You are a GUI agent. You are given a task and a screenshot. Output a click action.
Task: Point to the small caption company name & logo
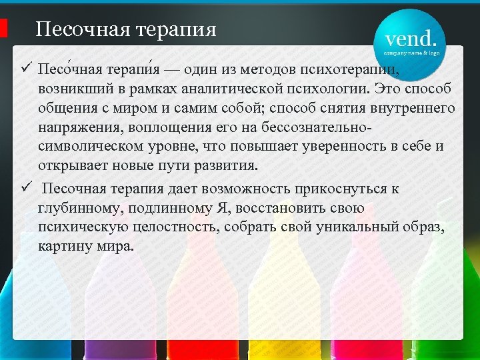tap(411, 51)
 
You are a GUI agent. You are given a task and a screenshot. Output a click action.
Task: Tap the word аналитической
tap(198, 89)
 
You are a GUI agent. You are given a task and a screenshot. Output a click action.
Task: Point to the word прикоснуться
tap(346, 189)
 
